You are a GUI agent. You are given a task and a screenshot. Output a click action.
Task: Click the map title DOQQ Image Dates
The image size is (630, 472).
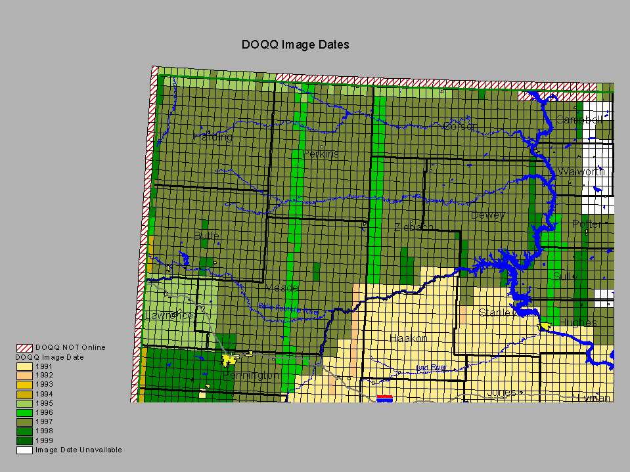(x=295, y=45)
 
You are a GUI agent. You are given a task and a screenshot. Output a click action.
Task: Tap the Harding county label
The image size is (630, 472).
(x=213, y=137)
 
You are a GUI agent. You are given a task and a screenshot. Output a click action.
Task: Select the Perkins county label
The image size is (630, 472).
(x=321, y=154)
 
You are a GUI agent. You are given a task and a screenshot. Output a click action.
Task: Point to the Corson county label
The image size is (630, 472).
(x=460, y=125)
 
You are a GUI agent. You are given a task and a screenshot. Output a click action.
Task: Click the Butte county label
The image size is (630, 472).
(x=206, y=235)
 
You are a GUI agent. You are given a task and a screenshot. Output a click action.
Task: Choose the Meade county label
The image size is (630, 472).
(x=282, y=288)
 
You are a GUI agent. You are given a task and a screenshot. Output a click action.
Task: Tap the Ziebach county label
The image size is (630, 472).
(x=414, y=227)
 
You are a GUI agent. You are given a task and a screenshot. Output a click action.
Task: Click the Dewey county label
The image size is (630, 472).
(x=487, y=215)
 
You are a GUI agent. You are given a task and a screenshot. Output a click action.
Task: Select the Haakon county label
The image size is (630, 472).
(x=408, y=338)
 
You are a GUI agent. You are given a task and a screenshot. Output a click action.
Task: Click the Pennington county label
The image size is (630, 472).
(x=250, y=375)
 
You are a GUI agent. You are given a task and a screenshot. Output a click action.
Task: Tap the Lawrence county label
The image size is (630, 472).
(x=169, y=315)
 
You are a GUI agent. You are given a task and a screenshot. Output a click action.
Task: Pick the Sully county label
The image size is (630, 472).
(x=565, y=276)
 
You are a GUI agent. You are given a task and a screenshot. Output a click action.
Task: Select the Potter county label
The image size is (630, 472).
(x=586, y=224)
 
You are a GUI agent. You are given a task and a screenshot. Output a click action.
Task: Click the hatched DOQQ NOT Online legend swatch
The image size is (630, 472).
(x=24, y=347)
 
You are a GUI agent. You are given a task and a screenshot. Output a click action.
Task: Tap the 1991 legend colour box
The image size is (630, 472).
(x=24, y=366)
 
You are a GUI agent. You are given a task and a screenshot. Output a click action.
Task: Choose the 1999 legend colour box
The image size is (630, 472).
(x=24, y=440)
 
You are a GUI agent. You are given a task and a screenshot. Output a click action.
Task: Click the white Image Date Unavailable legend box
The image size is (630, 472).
(x=24, y=450)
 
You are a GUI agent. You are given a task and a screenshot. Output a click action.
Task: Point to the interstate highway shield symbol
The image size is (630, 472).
(x=385, y=398)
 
